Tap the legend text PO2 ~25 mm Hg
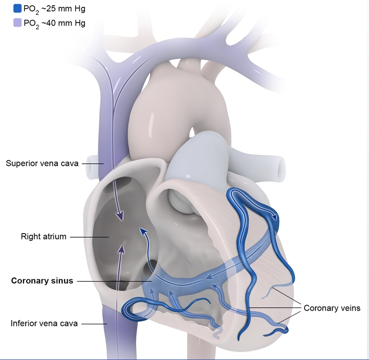pos(54,9)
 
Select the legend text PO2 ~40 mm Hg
pos(54,23)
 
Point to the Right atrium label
pos(43,237)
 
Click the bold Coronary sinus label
pos(42,281)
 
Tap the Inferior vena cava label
pos(44,323)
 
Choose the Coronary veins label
pos(332,308)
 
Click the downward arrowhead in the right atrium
pos(121,215)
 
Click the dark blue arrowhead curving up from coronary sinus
pos(143,231)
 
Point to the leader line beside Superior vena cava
pos(91,163)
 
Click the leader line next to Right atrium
pos(89,237)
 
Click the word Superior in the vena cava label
pos(22,163)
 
